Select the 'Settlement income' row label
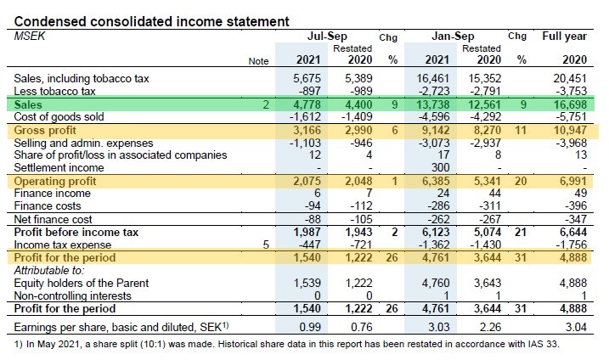[59, 167]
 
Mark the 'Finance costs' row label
[48, 205]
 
